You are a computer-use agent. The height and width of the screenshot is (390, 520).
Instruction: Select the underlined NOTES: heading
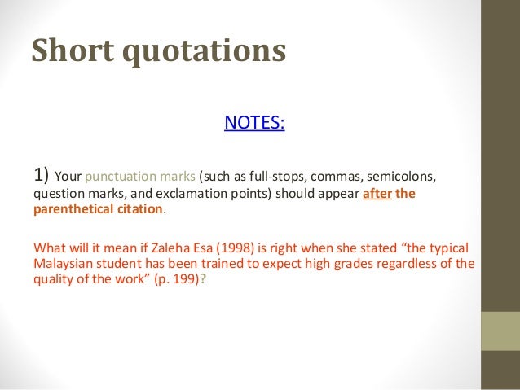coord(254,123)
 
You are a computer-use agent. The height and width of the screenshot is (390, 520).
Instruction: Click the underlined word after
coord(376,195)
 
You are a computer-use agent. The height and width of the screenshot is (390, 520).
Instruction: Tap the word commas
coord(341,177)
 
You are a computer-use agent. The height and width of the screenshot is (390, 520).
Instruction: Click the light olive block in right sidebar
coord(501,331)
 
